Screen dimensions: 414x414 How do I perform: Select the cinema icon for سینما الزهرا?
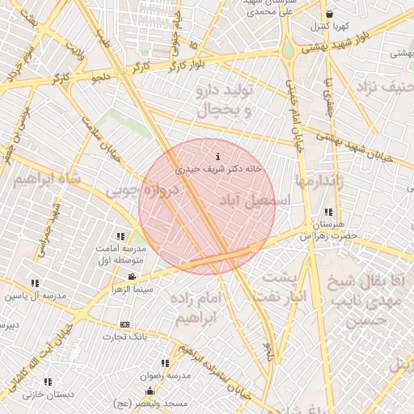[x=133, y=277]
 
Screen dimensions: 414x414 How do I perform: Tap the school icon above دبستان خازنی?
[x=48, y=381]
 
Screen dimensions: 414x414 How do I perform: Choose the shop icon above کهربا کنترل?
[x=329, y=14]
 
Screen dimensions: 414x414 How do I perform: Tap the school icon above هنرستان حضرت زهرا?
[x=327, y=212]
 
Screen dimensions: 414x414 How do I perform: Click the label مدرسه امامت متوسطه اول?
[x=120, y=254]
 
